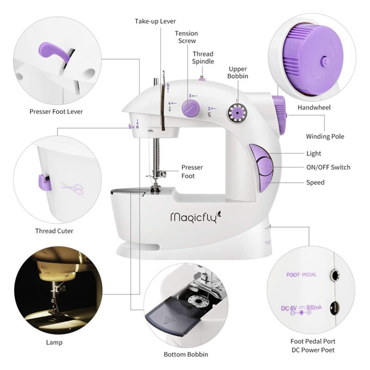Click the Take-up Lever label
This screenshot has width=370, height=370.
point(155,21)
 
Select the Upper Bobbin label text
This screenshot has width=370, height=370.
point(238,72)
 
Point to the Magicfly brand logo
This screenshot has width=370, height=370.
point(195,217)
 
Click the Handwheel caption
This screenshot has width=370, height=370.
point(314,107)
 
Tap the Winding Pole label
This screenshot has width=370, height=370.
point(325,136)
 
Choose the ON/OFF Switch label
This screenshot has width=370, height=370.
point(328,167)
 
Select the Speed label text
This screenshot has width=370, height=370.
point(315,182)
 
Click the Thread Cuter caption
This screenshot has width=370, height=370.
point(54,231)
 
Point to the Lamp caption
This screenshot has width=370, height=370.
point(54,342)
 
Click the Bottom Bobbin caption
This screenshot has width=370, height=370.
point(186,354)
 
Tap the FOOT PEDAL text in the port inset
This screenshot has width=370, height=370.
point(301,275)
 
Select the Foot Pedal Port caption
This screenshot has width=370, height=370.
point(313,341)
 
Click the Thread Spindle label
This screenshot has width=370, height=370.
point(203,58)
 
